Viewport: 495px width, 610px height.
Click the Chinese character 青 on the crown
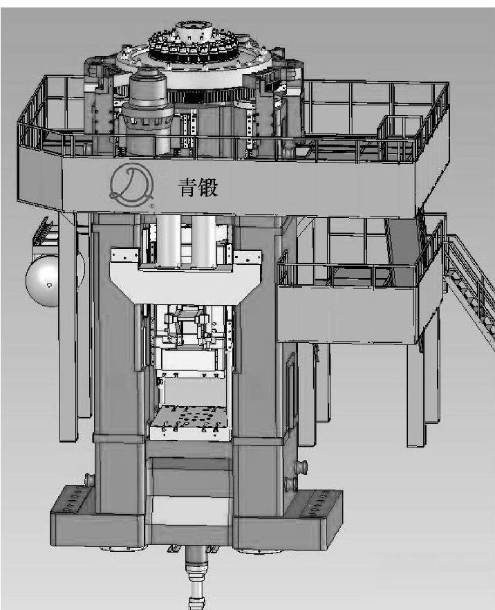pyautogui.click(x=188, y=188)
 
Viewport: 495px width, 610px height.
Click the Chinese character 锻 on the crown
pyautogui.click(x=208, y=188)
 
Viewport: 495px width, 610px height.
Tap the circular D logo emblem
pyautogui.click(x=131, y=185)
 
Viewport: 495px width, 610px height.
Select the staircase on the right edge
pyautogui.click(x=469, y=280)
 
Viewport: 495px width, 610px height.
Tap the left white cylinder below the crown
pyautogui.click(x=169, y=241)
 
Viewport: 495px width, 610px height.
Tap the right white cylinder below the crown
pyautogui.click(x=203, y=241)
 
